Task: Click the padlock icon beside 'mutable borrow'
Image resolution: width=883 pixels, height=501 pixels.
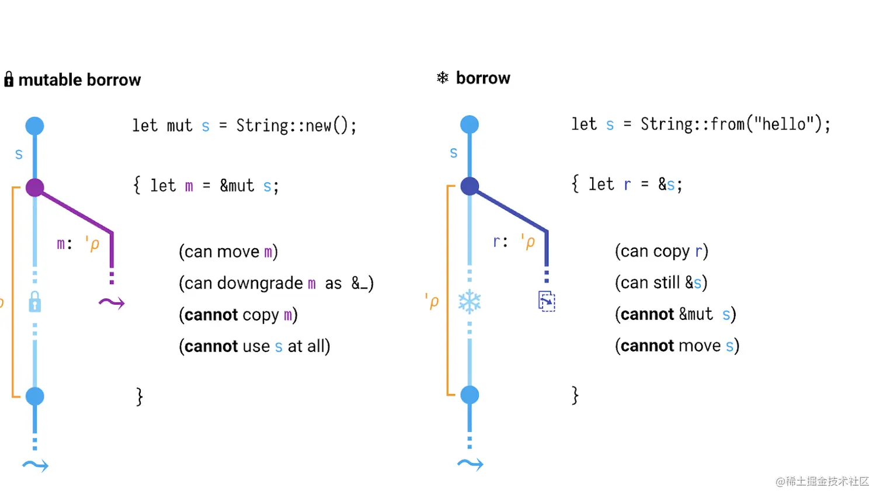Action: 9,79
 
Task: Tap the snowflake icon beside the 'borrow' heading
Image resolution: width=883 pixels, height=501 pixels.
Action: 443,78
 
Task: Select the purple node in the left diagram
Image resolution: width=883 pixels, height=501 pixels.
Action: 35,187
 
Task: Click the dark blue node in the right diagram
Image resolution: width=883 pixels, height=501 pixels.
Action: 470,186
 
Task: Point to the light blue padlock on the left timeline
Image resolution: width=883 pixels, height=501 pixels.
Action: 35,302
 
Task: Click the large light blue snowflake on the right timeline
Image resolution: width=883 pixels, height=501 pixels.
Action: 470,301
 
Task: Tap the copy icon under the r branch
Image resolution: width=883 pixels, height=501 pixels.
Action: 547,301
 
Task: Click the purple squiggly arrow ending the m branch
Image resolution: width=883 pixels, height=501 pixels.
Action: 112,302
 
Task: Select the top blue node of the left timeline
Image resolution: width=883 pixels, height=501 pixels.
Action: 35,126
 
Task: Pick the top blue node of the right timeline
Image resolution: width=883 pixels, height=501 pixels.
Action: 470,124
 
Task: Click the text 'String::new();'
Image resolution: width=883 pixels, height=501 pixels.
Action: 296,126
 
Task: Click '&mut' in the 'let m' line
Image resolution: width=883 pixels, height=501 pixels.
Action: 237,186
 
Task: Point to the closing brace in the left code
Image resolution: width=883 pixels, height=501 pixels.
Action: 140,396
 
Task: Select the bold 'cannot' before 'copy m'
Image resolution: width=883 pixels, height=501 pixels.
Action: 211,315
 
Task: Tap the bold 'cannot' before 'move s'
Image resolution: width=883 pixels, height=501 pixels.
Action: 647,346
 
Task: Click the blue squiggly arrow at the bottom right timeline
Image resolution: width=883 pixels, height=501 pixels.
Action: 470,464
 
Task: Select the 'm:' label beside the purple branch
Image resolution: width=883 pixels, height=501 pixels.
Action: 64,243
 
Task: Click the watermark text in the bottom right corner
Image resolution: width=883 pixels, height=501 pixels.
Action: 822,481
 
